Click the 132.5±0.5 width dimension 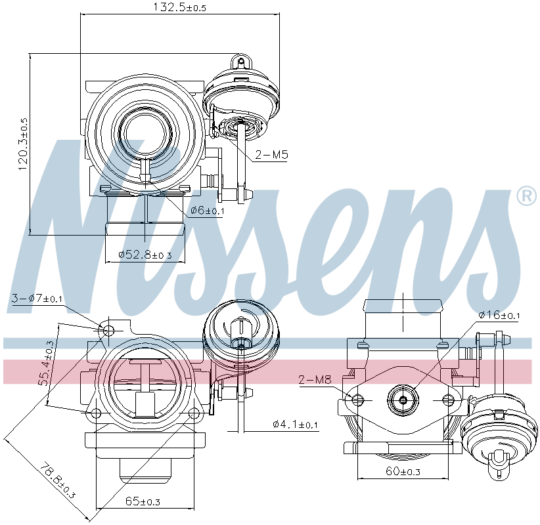coord(179,7)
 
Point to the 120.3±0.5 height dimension coord(24,144)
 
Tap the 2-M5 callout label coord(271,155)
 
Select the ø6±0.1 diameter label coord(207,210)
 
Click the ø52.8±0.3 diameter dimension coord(145,255)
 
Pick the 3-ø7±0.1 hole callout coord(37,299)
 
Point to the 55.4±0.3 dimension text coord(45,363)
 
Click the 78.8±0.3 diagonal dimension coord(56,480)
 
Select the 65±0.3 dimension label coord(143,501)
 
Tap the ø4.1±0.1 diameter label coord(295,424)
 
